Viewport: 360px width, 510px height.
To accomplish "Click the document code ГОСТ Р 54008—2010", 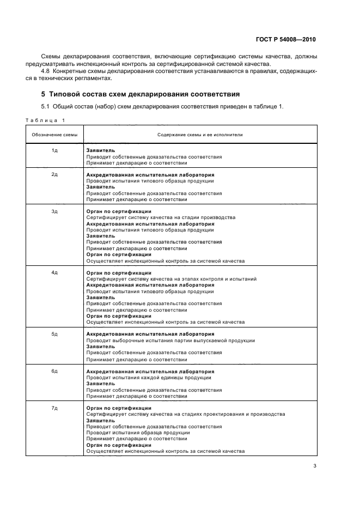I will [285, 39].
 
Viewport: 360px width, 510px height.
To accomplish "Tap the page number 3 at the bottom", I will [315, 465].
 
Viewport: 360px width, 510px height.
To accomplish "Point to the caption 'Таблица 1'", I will [45, 120].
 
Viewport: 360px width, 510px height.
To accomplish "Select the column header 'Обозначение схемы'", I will [54, 134].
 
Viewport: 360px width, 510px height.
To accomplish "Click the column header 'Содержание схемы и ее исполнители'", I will [200, 134].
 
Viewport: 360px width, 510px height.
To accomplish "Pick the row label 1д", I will [54, 150].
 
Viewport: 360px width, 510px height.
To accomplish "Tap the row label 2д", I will [54, 175].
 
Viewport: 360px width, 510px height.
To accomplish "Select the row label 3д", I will [54, 211].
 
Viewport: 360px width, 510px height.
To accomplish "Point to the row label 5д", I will [54, 334].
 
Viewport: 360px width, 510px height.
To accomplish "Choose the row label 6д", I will [54, 371].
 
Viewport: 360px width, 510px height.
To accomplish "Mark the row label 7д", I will [54, 408].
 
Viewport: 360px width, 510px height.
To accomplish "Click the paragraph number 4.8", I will [47, 71].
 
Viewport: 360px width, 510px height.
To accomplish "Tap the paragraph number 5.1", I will [47, 106].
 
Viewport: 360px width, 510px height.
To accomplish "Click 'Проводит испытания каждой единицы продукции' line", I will [149, 378].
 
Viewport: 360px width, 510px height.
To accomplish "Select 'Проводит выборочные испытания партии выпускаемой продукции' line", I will [170, 341].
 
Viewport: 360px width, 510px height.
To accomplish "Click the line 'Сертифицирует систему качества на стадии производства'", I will [161, 217].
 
